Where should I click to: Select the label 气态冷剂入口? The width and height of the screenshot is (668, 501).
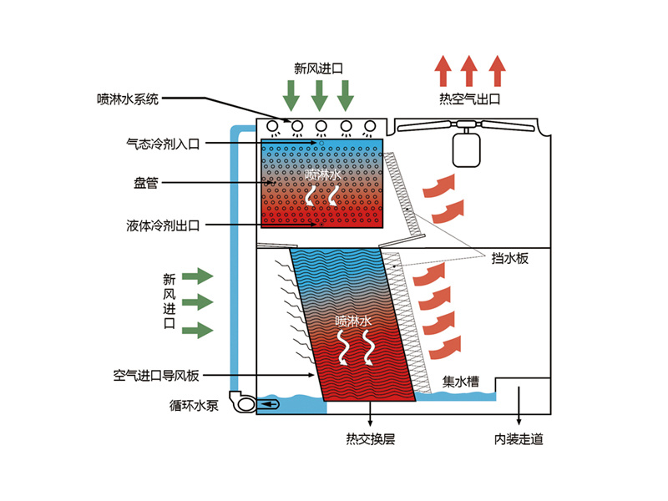pos(157,144)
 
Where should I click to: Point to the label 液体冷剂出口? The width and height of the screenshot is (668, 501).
pos(157,224)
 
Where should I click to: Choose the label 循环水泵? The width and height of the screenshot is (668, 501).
pos(193,407)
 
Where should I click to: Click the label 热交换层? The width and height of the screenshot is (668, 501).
pos(370,439)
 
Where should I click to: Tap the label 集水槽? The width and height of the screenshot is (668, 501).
pos(460,382)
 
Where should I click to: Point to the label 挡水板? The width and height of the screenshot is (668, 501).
pos(509,259)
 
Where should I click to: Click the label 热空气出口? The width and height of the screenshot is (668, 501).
pos(469,99)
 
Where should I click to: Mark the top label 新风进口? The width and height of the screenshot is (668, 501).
pos(319,68)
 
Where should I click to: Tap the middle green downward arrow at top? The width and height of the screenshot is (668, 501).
pos(319,95)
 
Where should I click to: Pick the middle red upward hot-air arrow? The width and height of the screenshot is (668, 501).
pos(469,71)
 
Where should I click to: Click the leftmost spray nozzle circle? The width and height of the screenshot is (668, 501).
pos(271,126)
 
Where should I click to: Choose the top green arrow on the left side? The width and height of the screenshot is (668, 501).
pos(198,275)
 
